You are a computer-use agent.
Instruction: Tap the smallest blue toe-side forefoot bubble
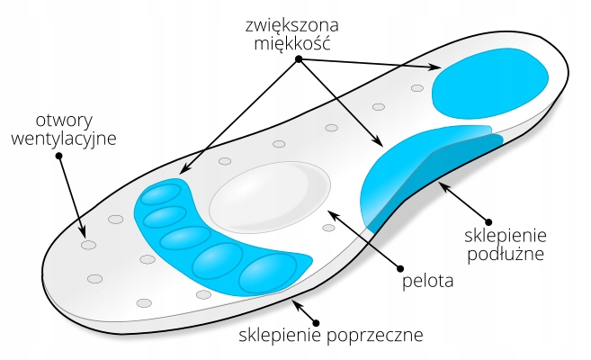pos(161,195)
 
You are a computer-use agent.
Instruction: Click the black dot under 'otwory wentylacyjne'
pos(58,156)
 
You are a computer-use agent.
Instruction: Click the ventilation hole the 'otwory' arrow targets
pos(87,245)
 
